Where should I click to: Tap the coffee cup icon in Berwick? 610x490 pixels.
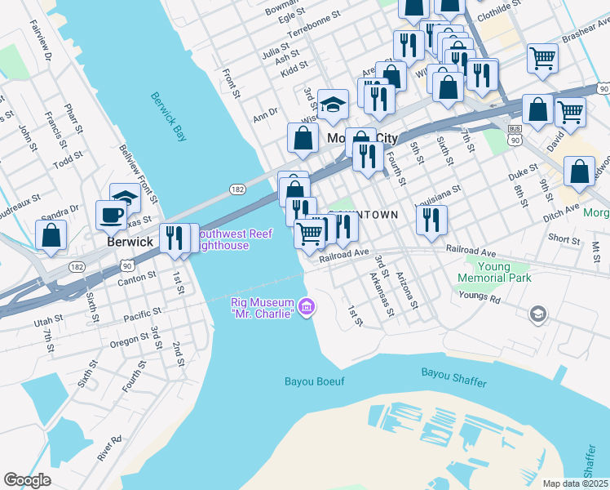pyautogui.click(x=111, y=216)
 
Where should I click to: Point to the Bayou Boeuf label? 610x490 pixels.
pyautogui.click(x=315, y=381)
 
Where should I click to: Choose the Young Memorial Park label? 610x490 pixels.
pyautogui.click(x=494, y=273)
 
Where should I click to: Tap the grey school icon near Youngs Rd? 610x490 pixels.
pyautogui.click(x=537, y=314)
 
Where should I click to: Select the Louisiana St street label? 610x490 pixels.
pyautogui.click(x=439, y=193)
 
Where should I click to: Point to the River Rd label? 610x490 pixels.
pyautogui.click(x=110, y=449)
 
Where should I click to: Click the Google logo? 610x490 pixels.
pyautogui.click(x=27, y=480)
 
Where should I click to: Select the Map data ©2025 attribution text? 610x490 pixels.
pyautogui.click(x=574, y=483)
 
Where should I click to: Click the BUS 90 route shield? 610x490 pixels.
pyautogui.click(x=514, y=135)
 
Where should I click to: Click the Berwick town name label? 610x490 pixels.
pyautogui.click(x=130, y=243)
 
